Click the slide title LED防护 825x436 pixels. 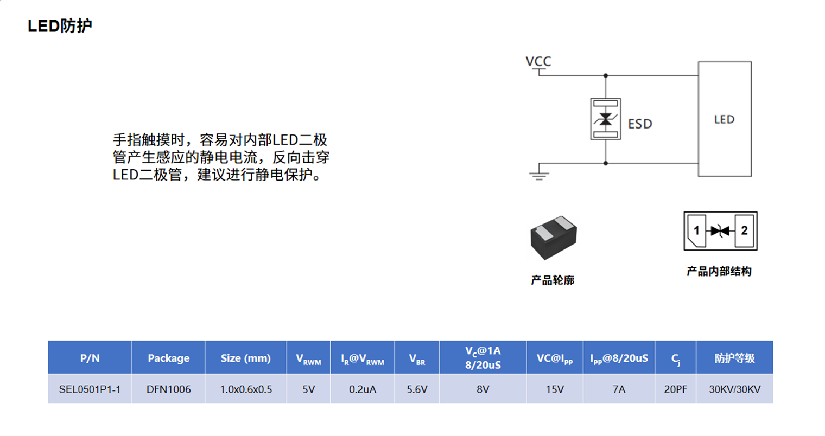coord(60,26)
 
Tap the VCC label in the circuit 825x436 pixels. coord(538,61)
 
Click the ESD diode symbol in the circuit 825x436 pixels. coord(605,119)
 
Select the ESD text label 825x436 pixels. coord(640,124)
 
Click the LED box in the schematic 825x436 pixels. coord(724,119)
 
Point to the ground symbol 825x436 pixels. coord(539,175)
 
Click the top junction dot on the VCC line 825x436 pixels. coord(606,76)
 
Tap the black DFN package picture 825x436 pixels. coord(553,238)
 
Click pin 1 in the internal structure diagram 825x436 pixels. coord(696,231)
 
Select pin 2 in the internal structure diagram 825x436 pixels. coord(744,231)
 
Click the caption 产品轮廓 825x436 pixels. coord(553,280)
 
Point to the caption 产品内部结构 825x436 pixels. coord(719,272)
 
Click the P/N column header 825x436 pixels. coord(90,358)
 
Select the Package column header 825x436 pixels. coord(168,358)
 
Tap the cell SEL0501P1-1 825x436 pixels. coord(90,389)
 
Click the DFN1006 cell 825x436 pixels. coord(168,389)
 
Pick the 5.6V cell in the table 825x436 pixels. coord(417,389)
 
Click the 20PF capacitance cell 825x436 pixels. coord(675,389)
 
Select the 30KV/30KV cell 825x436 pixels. coord(734,389)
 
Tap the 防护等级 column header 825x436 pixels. coord(734,358)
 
